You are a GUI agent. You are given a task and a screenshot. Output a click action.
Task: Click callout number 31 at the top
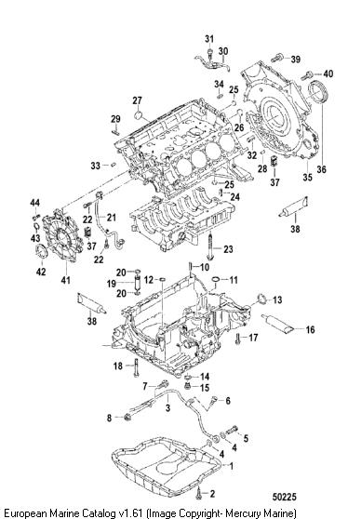209,39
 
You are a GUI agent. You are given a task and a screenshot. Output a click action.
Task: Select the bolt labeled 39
276,58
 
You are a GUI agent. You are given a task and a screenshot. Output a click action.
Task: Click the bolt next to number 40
306,75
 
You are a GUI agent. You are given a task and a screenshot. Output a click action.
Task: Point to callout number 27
137,100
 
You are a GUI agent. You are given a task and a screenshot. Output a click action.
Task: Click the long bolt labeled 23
211,247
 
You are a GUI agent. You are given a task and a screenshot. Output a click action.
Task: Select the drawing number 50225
285,497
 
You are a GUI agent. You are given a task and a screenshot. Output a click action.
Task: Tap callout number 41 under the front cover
65,280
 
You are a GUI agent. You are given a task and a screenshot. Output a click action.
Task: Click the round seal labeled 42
41,251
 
